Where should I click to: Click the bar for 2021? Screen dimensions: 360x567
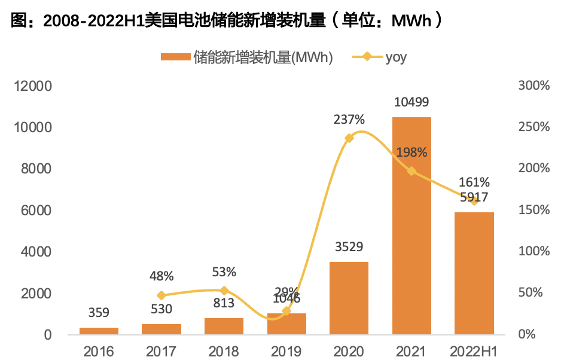[411, 225]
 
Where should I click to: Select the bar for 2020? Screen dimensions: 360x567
[349, 298]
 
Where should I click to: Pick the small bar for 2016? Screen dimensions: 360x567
[99, 331]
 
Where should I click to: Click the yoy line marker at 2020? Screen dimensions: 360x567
[349, 138]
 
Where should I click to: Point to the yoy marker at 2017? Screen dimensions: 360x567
[161, 295]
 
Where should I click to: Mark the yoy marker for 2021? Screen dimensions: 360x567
[411, 171]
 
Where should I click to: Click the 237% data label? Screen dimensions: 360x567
[349, 120]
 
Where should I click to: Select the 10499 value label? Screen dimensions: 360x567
[411, 103]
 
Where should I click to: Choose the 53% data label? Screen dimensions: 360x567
[224, 272]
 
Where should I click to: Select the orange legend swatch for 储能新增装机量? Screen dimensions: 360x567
[175, 57]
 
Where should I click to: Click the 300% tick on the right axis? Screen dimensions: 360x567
[534, 86]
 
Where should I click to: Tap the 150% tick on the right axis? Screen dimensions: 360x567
[534, 210]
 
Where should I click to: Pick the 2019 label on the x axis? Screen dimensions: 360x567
[286, 350]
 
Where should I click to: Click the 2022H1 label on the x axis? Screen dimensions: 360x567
[474, 350]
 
